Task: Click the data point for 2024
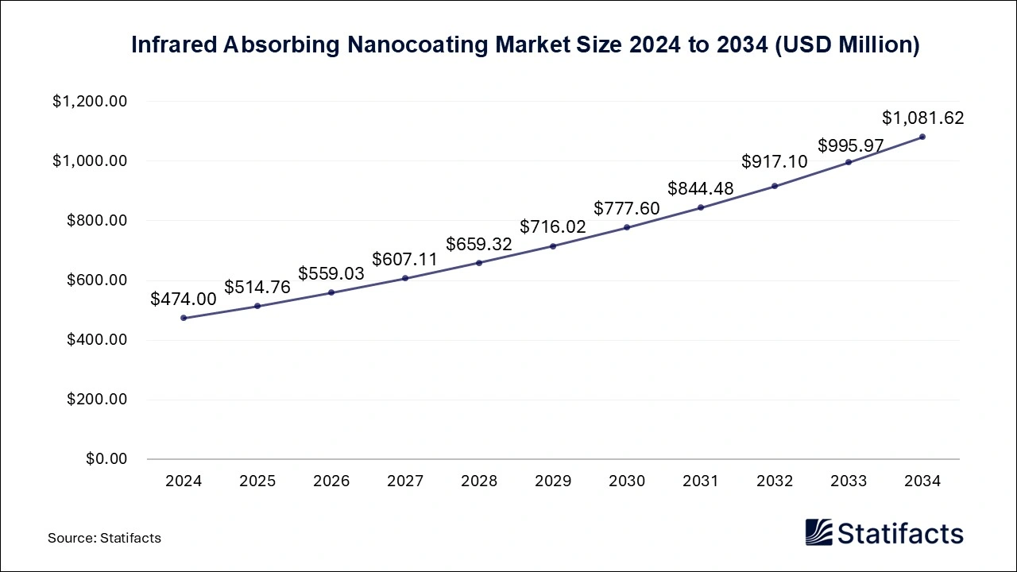(184, 318)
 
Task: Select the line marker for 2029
(553, 246)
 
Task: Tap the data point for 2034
(922, 137)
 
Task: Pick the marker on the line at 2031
(701, 207)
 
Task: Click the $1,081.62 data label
(922, 118)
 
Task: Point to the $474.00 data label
(184, 299)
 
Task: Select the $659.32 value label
(479, 244)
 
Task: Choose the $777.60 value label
(627, 208)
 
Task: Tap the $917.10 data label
(775, 161)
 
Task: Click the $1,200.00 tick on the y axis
(90, 102)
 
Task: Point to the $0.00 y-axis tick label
(106, 459)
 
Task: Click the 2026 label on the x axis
(331, 481)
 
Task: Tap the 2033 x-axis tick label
(849, 481)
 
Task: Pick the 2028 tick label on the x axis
(479, 481)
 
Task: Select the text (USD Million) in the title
(847, 45)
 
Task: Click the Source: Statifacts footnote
(104, 538)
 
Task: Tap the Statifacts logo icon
(818, 532)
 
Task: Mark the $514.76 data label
(257, 287)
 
